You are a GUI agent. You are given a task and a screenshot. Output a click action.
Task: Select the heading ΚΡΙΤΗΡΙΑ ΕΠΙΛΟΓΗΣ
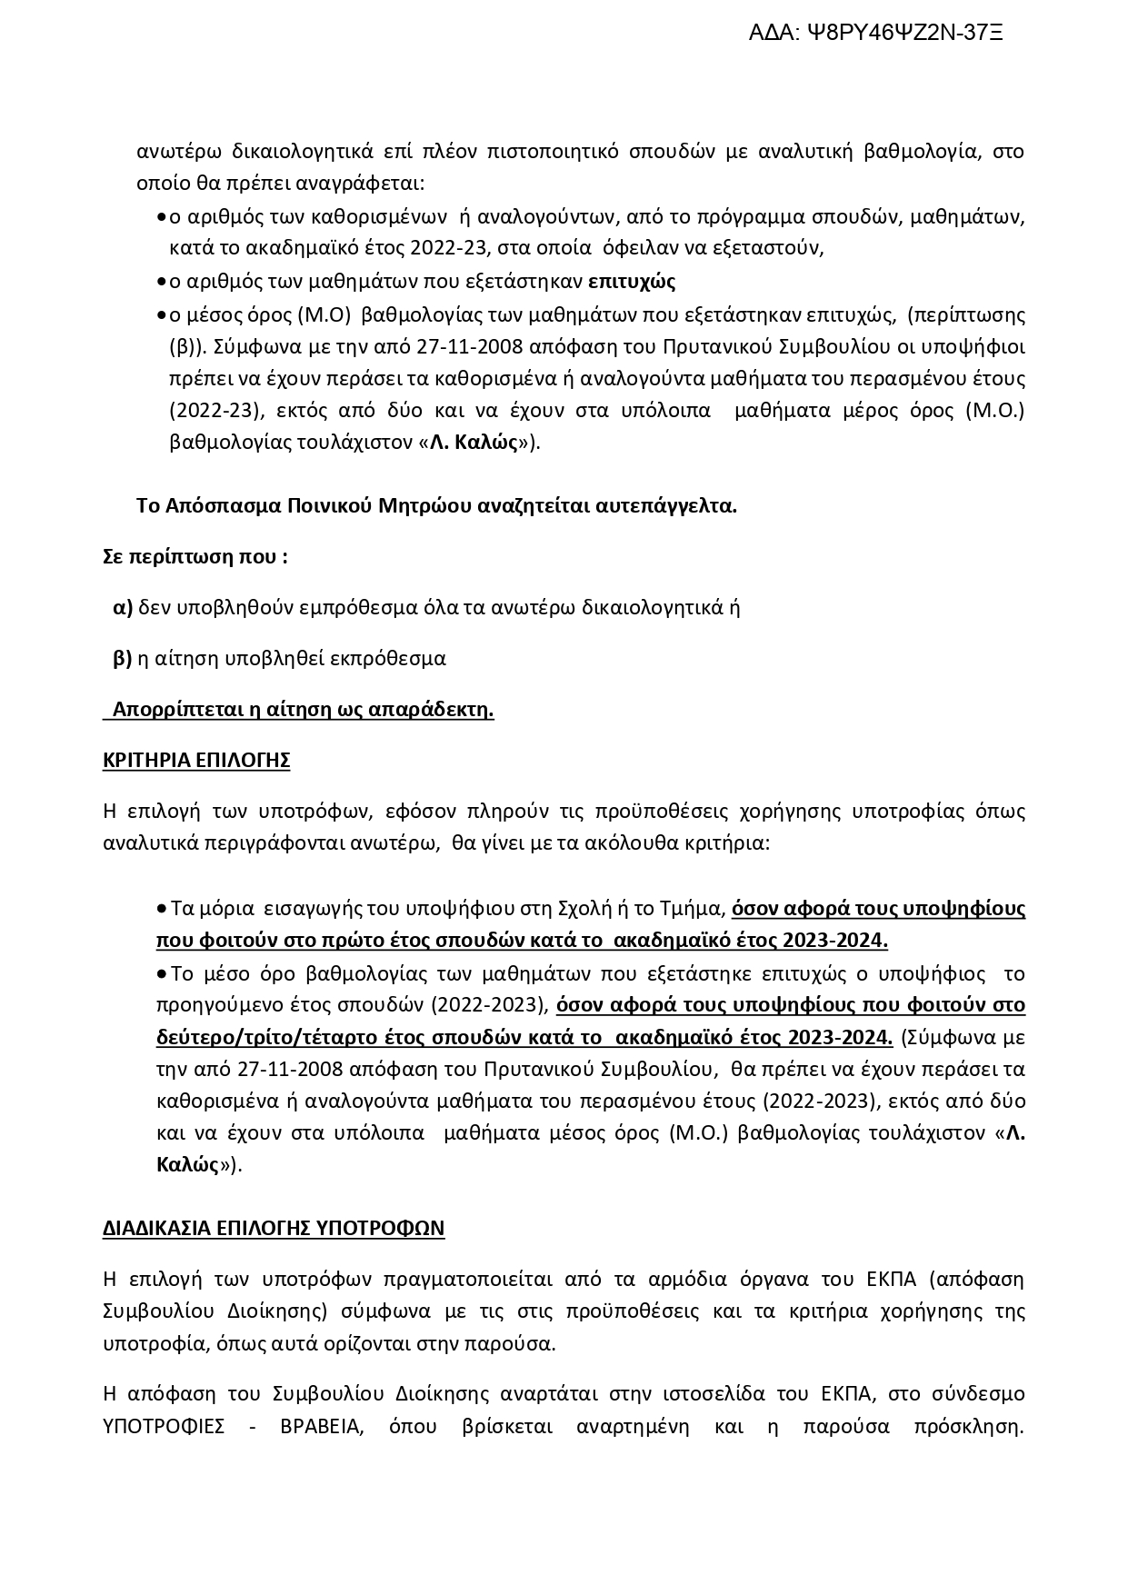(196, 761)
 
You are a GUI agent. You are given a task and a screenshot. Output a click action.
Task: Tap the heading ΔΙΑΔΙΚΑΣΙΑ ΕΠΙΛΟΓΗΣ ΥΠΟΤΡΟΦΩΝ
(274, 1229)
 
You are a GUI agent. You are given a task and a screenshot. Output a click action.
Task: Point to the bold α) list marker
(123, 608)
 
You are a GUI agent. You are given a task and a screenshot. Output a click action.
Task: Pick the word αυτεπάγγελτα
(665, 506)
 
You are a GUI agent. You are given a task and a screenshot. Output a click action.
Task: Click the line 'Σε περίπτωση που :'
(195, 556)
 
